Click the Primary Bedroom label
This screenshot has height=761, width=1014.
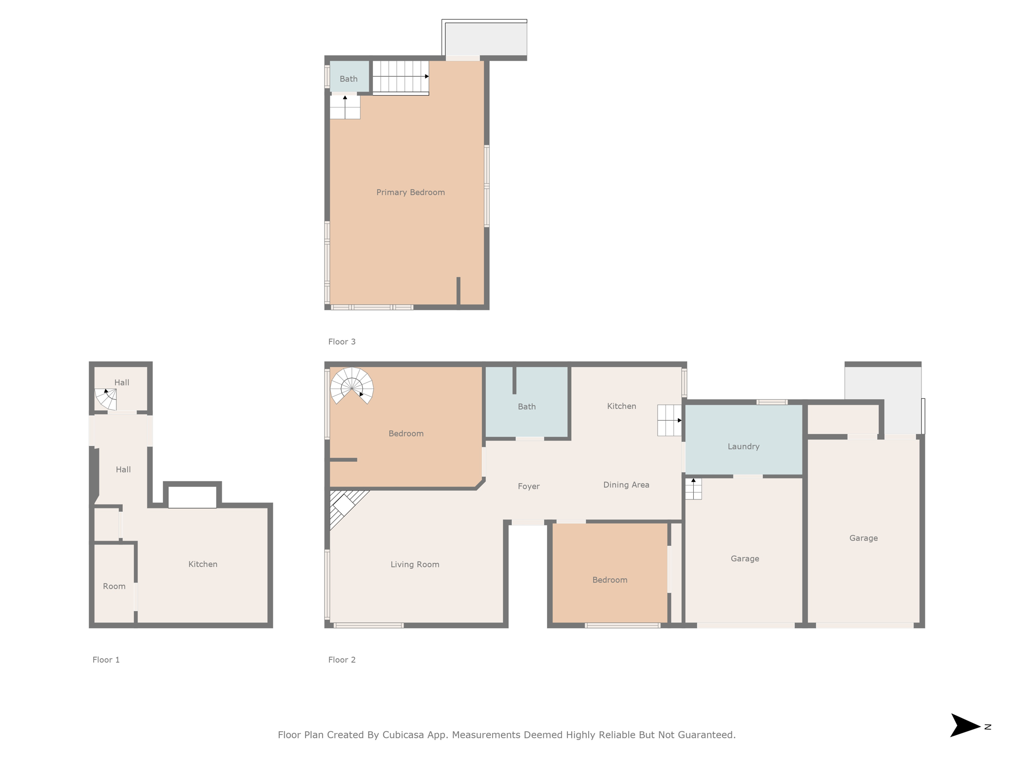410,192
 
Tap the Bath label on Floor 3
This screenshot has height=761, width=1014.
349,79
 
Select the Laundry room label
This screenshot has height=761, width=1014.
743,446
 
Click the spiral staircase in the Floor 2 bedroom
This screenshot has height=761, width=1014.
352,385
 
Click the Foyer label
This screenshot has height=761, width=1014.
528,487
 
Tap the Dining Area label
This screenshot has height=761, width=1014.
626,485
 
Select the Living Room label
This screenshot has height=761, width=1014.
415,564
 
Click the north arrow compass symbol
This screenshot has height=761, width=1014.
965,726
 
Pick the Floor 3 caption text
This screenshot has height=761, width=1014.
342,341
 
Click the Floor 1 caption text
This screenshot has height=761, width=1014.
106,659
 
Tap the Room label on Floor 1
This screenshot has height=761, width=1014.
114,586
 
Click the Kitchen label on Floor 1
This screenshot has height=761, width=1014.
203,564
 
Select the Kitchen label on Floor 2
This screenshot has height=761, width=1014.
621,406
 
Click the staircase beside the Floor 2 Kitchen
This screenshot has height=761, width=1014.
669,420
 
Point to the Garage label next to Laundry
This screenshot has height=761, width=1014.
745,558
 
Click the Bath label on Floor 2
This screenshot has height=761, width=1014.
526,406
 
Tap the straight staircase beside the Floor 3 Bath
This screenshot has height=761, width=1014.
400,77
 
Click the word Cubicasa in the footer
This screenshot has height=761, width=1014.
403,735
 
